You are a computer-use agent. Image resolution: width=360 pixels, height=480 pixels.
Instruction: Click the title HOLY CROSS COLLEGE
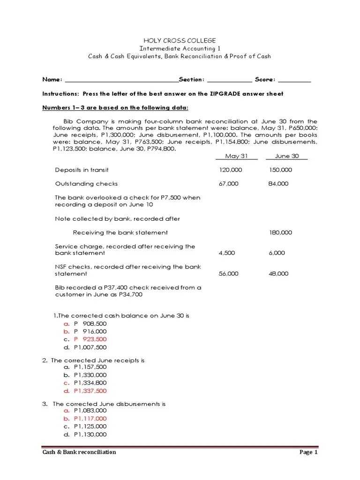pyautogui.click(x=180, y=41)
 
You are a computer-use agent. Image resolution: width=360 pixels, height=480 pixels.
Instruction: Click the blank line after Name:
pyautogui.click(x=121, y=81)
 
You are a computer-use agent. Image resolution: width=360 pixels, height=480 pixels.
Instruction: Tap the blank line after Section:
pyautogui.click(x=229, y=81)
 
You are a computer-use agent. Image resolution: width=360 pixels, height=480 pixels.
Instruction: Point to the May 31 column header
pyautogui.click(x=237, y=156)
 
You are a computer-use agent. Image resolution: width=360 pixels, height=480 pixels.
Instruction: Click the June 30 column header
pyautogui.click(x=286, y=156)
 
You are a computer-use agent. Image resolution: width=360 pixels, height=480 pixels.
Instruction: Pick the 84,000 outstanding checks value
pyautogui.click(x=278, y=184)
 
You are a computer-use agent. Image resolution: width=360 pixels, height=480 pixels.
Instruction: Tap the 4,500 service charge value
pyautogui.click(x=227, y=253)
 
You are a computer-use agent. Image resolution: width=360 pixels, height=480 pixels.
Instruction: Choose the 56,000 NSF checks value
pyautogui.click(x=228, y=274)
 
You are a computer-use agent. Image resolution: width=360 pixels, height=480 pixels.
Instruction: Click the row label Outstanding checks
pyautogui.click(x=86, y=184)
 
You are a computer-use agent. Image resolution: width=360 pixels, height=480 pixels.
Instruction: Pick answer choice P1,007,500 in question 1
pyautogui.click(x=90, y=347)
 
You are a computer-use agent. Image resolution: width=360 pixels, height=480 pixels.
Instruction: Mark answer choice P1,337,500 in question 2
pyautogui.click(x=90, y=391)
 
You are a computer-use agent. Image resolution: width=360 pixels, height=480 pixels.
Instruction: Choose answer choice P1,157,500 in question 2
pyautogui.click(x=90, y=367)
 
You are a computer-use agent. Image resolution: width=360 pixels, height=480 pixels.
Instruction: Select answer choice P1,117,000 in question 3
pyautogui.click(x=90, y=418)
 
